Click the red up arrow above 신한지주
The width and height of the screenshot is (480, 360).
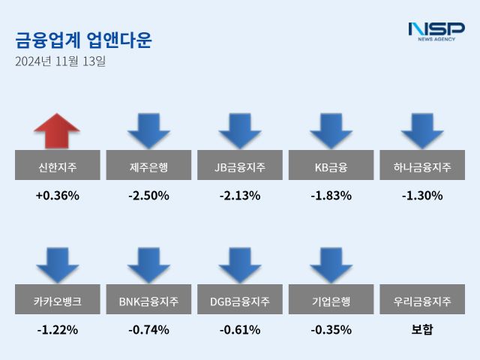[x=57, y=130]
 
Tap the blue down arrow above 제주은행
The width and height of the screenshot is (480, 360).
[x=148, y=130]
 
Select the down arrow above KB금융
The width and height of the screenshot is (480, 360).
[x=331, y=130]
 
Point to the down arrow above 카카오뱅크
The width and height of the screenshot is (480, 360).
[x=57, y=265]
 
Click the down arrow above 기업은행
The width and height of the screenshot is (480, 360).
[x=331, y=265]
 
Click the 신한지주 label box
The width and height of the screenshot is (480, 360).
[x=57, y=166]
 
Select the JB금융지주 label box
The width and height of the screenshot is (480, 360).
[x=240, y=166]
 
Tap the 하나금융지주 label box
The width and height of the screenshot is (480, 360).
[x=421, y=166]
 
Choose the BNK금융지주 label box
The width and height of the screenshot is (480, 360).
[x=148, y=301]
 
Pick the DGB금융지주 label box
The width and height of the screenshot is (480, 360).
[x=240, y=301]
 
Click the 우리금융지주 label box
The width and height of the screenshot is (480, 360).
[x=421, y=301]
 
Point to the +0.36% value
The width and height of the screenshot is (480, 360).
[x=57, y=196]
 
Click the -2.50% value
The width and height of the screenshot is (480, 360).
[x=148, y=196]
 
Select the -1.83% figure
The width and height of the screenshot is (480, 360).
[x=331, y=196]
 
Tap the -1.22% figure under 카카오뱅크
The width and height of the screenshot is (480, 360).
[x=57, y=330]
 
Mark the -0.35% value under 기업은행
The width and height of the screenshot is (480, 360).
[x=331, y=330]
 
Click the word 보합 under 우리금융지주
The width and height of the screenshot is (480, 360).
[x=421, y=330]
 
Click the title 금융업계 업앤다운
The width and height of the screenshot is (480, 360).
[x=83, y=40]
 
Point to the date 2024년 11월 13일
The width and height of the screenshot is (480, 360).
[x=61, y=61]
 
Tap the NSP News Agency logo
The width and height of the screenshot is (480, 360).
[x=436, y=31]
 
